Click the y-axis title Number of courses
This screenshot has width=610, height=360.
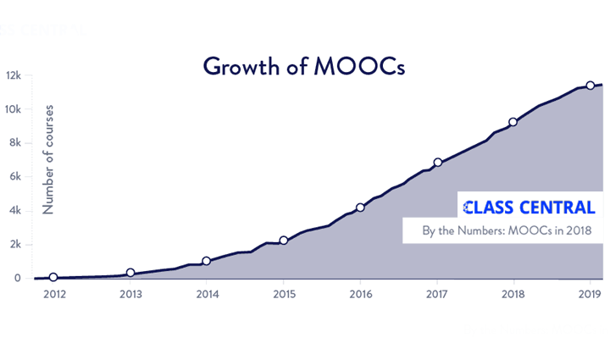[x=48, y=158]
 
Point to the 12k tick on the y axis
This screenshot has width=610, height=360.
[x=14, y=75]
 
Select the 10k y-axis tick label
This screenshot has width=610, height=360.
[x=14, y=109]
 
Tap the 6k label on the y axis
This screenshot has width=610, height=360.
[x=16, y=177]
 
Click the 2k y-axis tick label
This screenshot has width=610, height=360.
[x=16, y=245]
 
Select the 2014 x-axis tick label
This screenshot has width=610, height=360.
[x=207, y=296]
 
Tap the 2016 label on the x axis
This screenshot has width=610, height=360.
[x=361, y=296]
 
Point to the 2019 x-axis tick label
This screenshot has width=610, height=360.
[x=591, y=296]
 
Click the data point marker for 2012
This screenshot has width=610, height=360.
[x=53, y=277]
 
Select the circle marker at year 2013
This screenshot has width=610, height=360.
[x=130, y=273]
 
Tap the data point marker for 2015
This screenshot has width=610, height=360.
[x=284, y=241]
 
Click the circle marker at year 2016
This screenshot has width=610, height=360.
[x=361, y=208]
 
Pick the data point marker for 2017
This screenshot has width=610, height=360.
[x=438, y=163]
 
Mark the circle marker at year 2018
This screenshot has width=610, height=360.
[x=513, y=122]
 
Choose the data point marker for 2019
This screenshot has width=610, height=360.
[x=591, y=86]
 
